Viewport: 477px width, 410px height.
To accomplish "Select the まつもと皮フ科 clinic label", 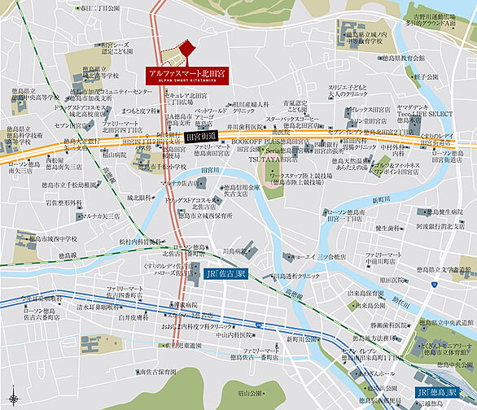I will click(x=139, y=110).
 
